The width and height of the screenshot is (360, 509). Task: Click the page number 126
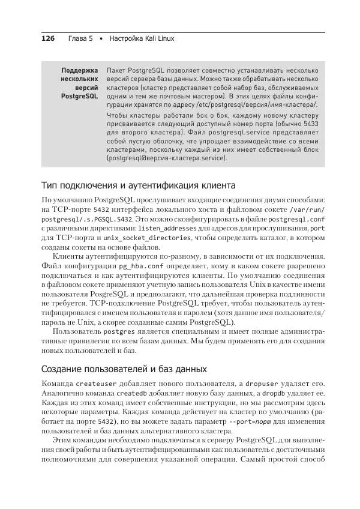(x=47, y=38)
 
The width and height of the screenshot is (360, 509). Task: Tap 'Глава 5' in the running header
(x=80, y=38)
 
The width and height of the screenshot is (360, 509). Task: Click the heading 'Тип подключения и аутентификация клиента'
(x=133, y=185)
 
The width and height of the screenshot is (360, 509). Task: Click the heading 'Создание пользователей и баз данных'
(x=124, y=369)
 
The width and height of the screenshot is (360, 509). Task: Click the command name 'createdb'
(x=131, y=393)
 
